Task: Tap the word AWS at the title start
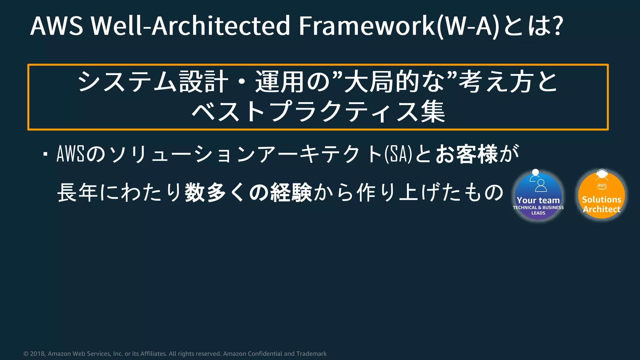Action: (x=57, y=26)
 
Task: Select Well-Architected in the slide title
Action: (x=191, y=26)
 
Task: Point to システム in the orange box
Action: (x=127, y=82)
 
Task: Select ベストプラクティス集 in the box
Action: (x=318, y=112)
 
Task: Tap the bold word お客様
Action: (x=467, y=154)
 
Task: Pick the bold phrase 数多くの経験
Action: (x=248, y=192)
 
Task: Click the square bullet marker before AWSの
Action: (x=46, y=154)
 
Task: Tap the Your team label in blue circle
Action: (x=538, y=200)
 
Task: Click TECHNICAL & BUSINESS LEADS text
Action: (x=538, y=210)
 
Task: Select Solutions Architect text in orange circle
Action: (x=602, y=204)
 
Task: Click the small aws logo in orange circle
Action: (x=602, y=186)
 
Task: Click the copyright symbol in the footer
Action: (x=26, y=354)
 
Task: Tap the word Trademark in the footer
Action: (x=311, y=354)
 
